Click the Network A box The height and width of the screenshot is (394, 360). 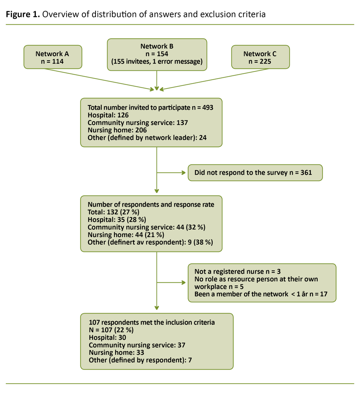(x=53, y=57)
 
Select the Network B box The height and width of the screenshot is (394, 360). (x=157, y=54)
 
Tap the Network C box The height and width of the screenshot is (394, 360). (x=260, y=57)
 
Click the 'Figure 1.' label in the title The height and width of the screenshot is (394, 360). (x=22, y=15)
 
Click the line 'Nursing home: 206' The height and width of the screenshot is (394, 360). (x=112, y=130)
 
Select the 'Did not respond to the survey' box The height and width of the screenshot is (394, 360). (x=255, y=173)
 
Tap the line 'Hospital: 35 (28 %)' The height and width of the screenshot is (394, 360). (x=117, y=220)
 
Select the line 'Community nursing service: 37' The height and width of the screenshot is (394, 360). (x=137, y=345)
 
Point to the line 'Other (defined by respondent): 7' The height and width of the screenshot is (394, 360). (x=141, y=360)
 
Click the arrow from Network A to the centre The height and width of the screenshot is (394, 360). (x=100, y=80)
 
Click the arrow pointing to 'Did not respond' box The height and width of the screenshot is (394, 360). (x=172, y=173)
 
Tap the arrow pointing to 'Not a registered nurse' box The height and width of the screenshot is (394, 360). (x=172, y=283)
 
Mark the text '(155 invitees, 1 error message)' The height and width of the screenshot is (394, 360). (x=157, y=62)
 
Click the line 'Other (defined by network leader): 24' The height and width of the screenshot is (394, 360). (x=147, y=137)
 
